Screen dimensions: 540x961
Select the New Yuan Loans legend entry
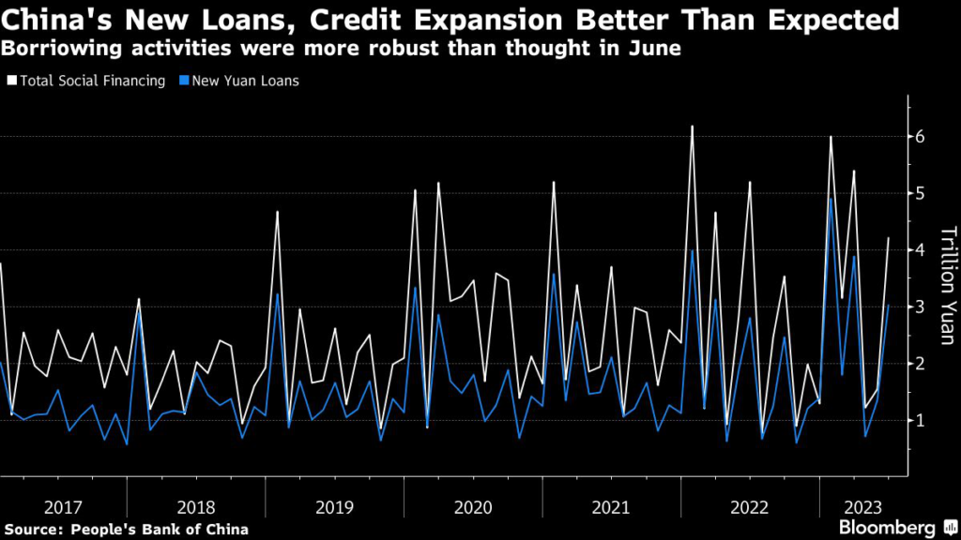tap(244, 81)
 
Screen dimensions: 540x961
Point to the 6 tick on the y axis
tap(922, 137)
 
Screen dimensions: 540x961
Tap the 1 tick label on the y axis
tap(922, 420)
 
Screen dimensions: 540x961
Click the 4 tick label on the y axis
tap(922, 250)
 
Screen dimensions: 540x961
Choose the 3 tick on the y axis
tap(922, 307)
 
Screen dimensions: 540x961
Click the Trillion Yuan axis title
tap(947, 285)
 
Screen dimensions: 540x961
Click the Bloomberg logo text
tap(888, 528)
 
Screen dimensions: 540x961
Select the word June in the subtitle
tap(652, 48)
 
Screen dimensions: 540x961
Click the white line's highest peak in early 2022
tap(692, 126)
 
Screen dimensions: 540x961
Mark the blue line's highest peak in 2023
tap(831, 198)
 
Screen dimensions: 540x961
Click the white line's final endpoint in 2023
tap(888, 238)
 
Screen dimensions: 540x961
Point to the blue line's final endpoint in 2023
tap(888, 305)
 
